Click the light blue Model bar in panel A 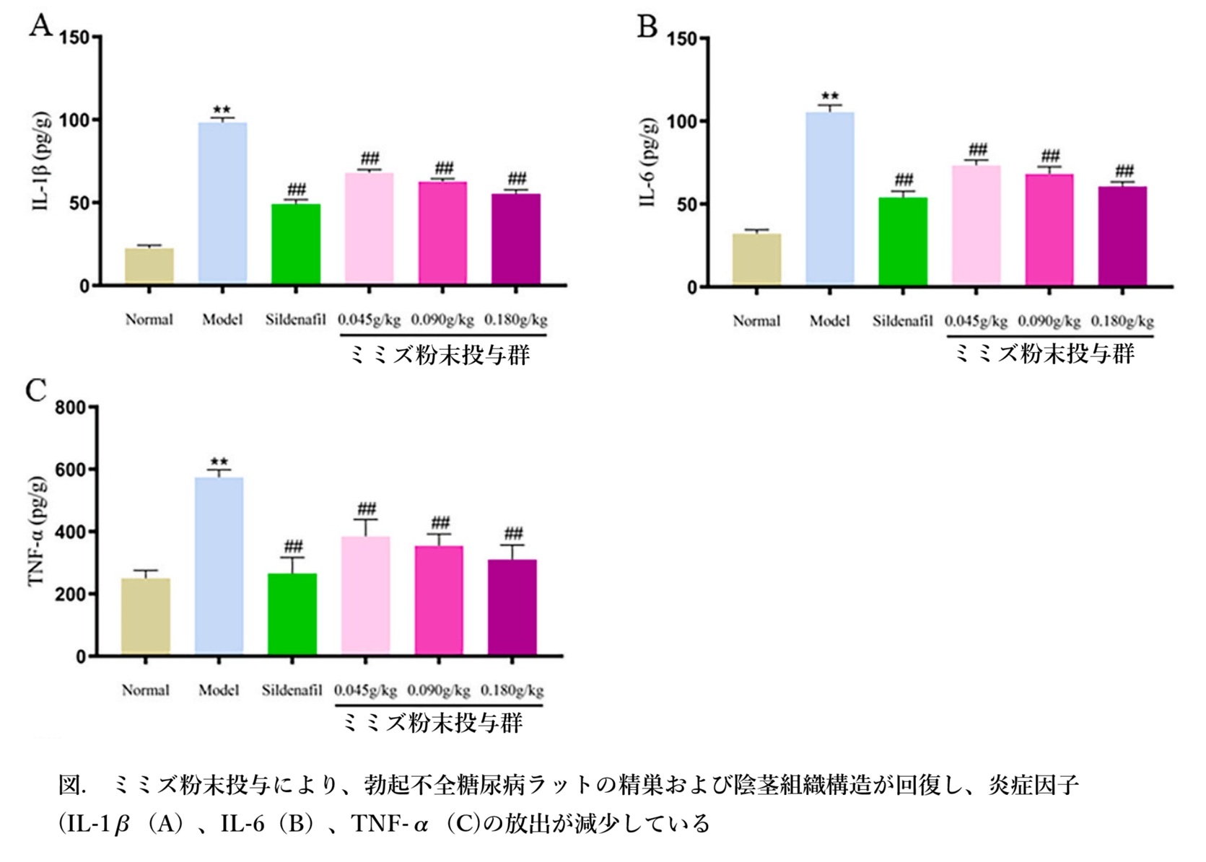pos(222,203)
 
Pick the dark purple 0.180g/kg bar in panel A pos(515,239)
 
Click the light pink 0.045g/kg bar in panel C pos(366,595)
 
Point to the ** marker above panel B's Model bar pos(830,96)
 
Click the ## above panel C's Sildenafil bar pos(292,546)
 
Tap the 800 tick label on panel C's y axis pos(70,408)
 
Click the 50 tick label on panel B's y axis pos(686,204)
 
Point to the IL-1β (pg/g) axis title pos(42,162)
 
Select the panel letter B pos(647,27)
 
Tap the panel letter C pos(35,390)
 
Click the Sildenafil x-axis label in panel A pos(295,320)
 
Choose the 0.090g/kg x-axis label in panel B pos(1049,321)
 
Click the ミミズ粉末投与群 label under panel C pos(431,723)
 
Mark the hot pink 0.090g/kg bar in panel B pos(1049,229)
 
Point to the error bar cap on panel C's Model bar pos(219,470)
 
